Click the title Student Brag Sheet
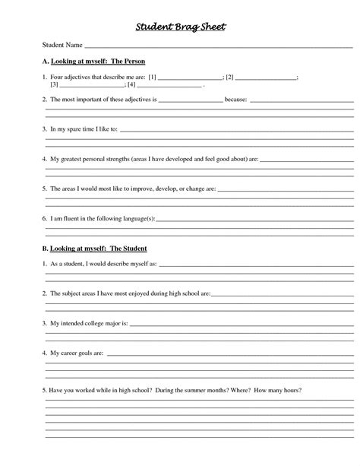coord(180,27)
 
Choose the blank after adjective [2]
coord(265,78)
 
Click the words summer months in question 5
coord(206,390)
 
